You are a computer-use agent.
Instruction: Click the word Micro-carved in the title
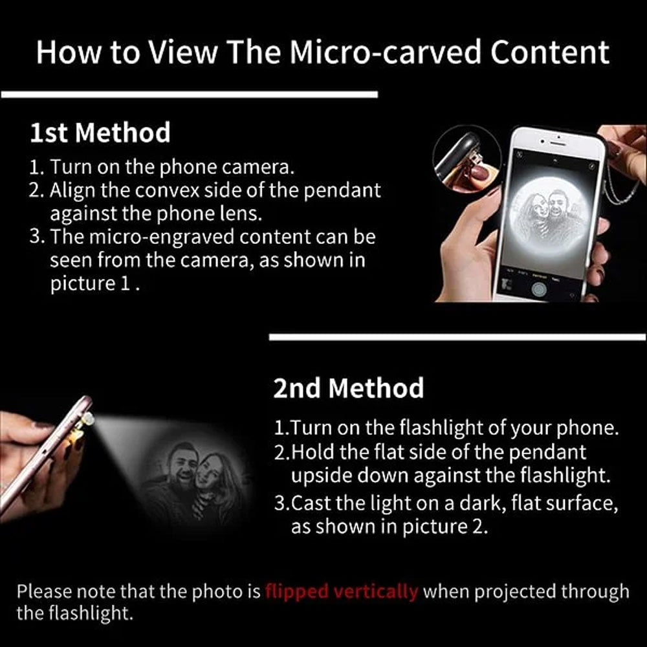pos(385,52)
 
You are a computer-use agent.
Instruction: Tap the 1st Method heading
pos(100,133)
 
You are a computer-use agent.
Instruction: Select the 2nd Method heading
pos(348,388)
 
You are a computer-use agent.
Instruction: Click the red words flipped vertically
pos(341,591)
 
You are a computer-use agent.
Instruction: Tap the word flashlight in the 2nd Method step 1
pos(442,428)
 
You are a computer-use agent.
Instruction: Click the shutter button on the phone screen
pos(539,289)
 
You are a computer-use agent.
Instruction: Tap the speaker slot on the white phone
pos(559,143)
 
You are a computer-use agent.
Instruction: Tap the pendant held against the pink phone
pos(87,421)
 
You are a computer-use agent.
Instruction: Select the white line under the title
pos(190,94)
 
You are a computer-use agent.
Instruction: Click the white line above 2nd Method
pos(457,337)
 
